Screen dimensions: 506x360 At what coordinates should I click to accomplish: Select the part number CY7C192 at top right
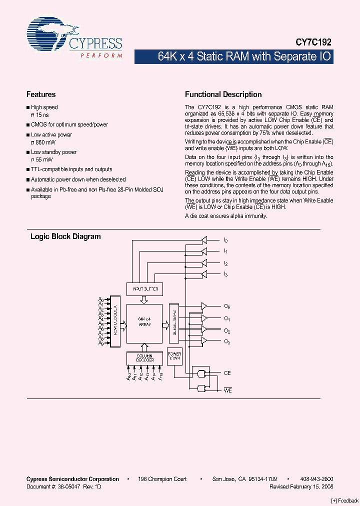coord(311,43)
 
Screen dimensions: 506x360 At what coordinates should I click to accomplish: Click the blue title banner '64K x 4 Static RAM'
coord(233,56)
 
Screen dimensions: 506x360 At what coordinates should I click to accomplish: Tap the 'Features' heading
coord(40,94)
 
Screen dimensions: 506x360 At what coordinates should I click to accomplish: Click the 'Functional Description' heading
coord(223,94)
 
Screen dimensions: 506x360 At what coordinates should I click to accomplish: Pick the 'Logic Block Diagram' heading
coord(65,236)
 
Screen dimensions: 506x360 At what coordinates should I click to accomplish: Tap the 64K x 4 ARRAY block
coord(144,322)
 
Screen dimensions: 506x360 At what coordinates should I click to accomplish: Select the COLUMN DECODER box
coord(144,358)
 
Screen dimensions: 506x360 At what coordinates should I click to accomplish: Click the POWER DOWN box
coord(174,355)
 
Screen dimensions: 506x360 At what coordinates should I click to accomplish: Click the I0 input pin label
coord(226,240)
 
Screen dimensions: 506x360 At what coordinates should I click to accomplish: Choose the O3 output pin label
coord(227,341)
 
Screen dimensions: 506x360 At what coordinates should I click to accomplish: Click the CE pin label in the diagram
coord(227,373)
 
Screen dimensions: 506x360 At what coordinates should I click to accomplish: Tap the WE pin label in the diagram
coord(227,390)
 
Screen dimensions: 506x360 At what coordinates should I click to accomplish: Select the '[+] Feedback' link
coord(344,500)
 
